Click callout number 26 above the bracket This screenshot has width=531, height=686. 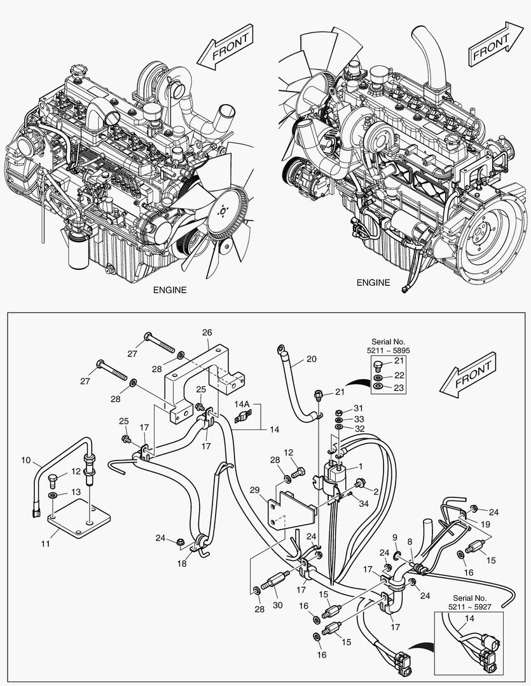point(207,332)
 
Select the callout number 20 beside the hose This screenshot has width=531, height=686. point(311,359)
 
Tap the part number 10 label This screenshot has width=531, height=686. point(26,459)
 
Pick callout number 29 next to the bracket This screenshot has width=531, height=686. point(255,490)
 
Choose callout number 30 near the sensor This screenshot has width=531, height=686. point(277,605)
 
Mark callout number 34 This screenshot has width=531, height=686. point(363,504)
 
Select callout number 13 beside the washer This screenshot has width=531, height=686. point(76,492)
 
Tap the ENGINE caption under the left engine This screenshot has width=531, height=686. point(170,290)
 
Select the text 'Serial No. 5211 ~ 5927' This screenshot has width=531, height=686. point(471,603)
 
